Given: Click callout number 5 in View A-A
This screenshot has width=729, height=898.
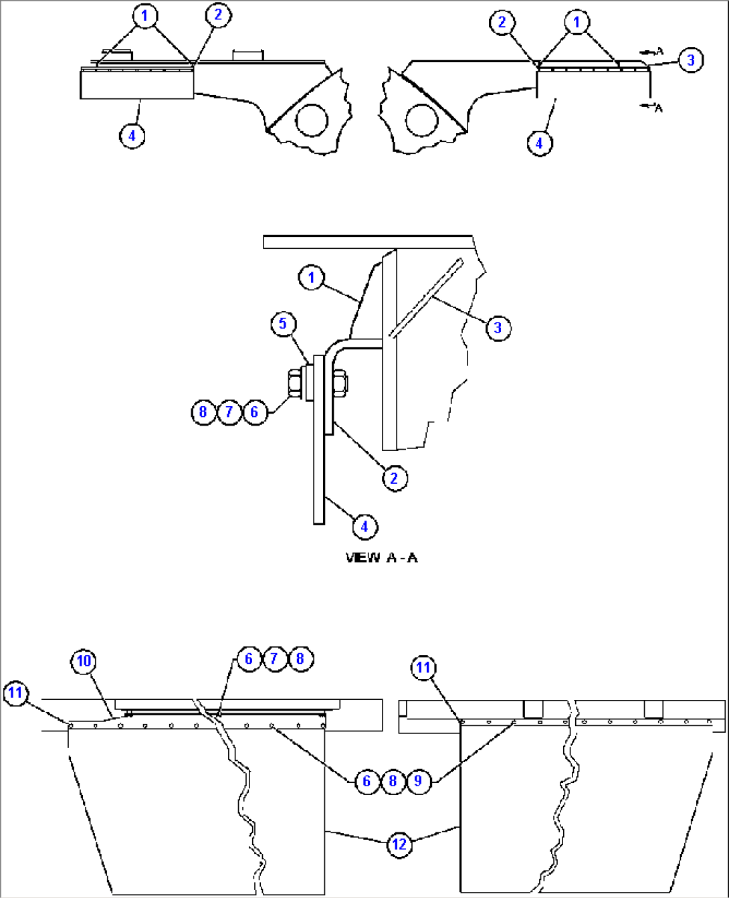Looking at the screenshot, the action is [283, 325].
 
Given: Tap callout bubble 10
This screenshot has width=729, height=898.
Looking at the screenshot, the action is [84, 661].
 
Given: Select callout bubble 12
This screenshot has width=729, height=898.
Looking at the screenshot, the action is [399, 844].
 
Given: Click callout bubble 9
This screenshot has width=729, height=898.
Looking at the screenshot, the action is [419, 781].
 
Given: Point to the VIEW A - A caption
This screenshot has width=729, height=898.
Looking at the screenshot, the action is [381, 558].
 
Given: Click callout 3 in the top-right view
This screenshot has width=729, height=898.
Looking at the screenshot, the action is [691, 60].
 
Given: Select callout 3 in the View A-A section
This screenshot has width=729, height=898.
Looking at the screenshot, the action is [498, 328].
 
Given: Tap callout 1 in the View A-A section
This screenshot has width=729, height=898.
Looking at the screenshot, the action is [312, 278].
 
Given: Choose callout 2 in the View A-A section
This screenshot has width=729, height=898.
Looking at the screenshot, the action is [395, 478].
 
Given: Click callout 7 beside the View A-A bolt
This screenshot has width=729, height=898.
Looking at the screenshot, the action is [229, 412].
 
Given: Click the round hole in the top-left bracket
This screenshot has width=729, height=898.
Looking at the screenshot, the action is [312, 120].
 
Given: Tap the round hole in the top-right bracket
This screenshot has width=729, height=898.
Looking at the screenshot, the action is [422, 120].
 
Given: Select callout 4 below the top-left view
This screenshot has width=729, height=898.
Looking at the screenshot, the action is [132, 136].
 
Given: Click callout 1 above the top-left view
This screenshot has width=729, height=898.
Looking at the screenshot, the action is [145, 16].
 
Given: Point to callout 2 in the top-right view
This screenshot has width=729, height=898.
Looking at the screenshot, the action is [502, 22].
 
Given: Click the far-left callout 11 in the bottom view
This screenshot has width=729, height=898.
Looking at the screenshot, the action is [16, 693].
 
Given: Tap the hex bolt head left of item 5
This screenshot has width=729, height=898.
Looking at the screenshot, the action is [295, 383].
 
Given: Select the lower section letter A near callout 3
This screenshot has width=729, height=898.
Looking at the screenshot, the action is [659, 109].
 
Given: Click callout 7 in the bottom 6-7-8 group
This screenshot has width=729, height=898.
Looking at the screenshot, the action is [274, 658].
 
